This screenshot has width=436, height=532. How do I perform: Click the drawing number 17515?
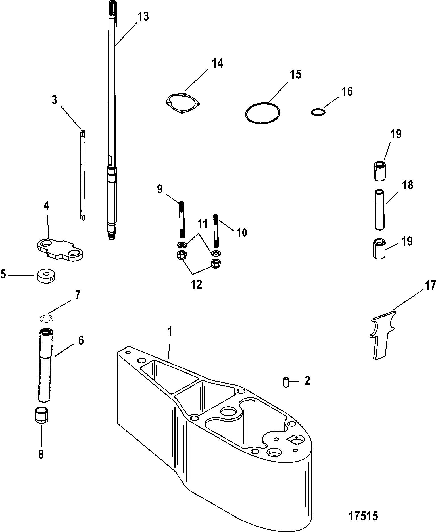[363, 516]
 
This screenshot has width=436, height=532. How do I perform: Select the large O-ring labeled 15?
[262, 113]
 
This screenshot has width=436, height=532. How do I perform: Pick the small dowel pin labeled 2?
[286, 381]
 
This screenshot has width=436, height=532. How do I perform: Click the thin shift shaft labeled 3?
[82, 175]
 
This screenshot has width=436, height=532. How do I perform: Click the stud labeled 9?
[182, 219]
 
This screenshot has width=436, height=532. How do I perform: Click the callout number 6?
[81, 340]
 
